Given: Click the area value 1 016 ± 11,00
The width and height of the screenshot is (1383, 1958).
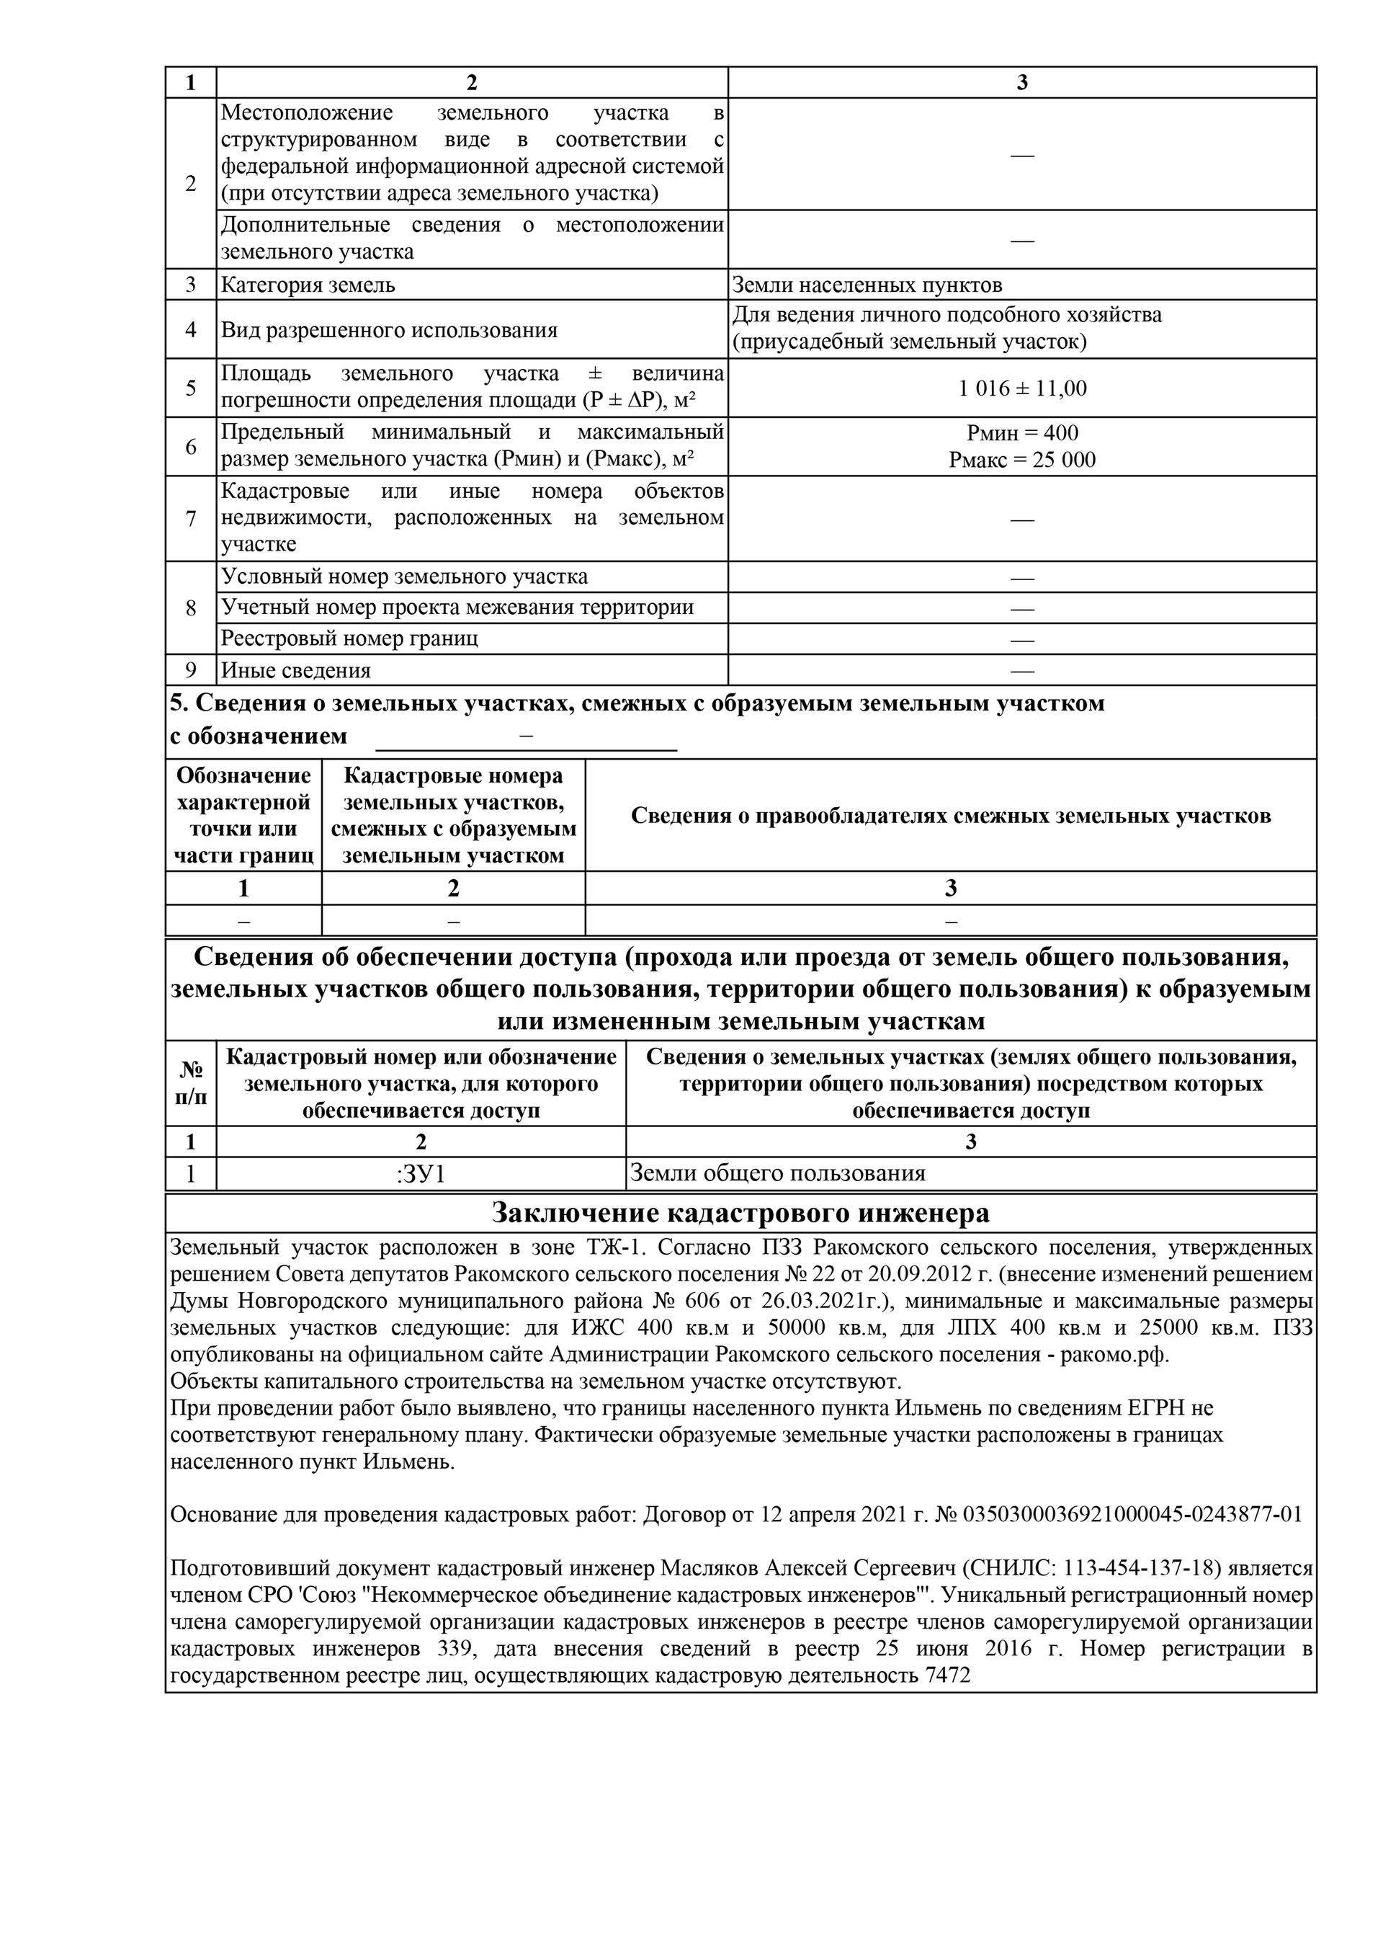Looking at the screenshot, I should (x=1021, y=389).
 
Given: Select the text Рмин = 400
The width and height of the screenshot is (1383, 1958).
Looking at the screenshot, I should (x=1021, y=433).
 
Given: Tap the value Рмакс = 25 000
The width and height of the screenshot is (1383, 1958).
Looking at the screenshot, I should (x=1021, y=460).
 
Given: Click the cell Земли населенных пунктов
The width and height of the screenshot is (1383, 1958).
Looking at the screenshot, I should (x=867, y=285).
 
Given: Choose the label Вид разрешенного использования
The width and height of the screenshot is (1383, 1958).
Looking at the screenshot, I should (x=389, y=330).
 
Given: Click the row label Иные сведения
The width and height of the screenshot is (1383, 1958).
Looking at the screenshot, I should (x=296, y=670).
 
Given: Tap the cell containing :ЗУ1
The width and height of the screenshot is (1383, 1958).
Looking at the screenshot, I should (x=421, y=1174).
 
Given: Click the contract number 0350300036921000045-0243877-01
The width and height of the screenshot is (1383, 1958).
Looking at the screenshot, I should (x=1132, y=1515).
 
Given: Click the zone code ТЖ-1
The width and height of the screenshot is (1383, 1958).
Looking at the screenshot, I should (x=612, y=1248).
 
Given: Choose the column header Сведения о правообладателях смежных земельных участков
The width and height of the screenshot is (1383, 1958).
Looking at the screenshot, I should (x=950, y=816).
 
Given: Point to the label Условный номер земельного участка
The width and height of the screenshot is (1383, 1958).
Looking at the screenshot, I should (x=404, y=577).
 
